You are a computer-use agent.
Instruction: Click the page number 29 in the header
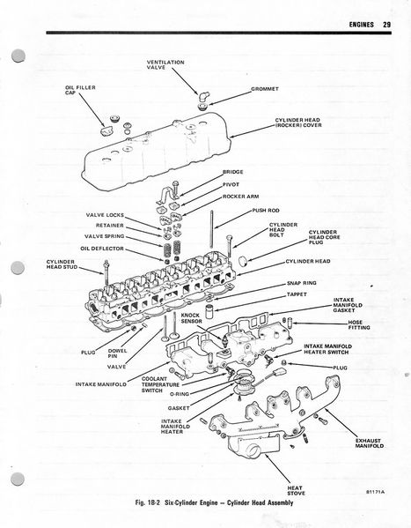click(x=386, y=25)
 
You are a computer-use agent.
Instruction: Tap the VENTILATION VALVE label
click(x=165, y=64)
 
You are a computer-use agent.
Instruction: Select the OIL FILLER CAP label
click(x=80, y=90)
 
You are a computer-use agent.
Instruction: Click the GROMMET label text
click(x=265, y=89)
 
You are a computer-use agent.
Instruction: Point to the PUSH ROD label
click(x=266, y=211)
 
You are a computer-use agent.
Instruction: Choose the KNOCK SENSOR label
click(x=191, y=318)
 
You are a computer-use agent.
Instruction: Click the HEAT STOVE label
click(x=296, y=490)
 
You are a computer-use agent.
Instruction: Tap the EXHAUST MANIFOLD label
click(x=370, y=443)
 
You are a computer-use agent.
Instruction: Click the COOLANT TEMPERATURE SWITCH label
click(x=160, y=384)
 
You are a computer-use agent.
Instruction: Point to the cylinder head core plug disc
click(x=243, y=261)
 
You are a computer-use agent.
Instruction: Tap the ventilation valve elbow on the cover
click(x=202, y=97)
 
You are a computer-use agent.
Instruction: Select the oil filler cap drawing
click(x=107, y=130)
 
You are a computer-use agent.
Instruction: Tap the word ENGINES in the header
click(x=361, y=25)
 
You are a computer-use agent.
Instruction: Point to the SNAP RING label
click(x=301, y=283)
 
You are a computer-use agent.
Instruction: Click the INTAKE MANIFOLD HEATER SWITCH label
click(x=327, y=349)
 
